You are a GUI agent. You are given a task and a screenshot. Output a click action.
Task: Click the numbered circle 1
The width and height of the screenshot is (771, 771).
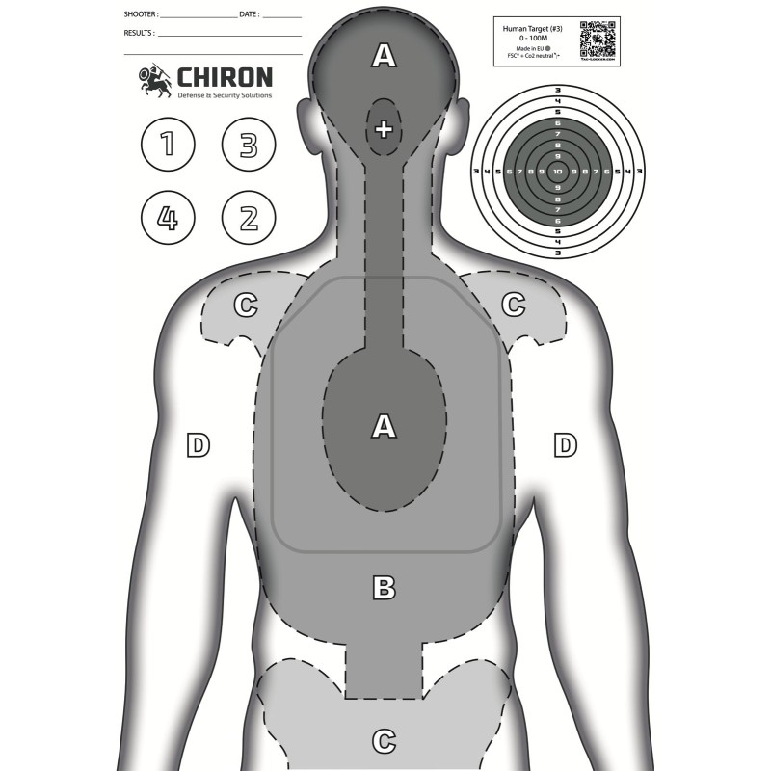168,146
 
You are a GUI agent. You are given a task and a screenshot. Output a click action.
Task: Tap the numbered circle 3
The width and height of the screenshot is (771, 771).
249,146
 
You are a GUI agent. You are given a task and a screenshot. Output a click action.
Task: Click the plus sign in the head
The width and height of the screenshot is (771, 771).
384,128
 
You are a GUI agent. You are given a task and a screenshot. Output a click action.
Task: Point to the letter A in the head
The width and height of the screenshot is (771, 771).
385,57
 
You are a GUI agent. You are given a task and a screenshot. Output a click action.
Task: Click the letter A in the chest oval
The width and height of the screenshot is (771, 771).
385,425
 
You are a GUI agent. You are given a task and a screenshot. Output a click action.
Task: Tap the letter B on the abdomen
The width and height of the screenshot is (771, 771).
385,586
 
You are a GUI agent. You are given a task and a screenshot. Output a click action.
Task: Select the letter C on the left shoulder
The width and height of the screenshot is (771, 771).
247,306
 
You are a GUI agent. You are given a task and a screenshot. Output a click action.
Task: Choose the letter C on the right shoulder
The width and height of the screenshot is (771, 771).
514,305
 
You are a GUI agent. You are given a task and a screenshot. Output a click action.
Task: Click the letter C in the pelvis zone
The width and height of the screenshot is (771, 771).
385,741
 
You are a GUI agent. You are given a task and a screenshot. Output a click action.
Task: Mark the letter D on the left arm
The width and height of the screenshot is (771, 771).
198,444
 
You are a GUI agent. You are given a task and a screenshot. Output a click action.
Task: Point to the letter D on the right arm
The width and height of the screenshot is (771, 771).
565,444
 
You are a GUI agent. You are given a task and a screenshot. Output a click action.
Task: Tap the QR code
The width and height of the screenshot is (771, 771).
598,41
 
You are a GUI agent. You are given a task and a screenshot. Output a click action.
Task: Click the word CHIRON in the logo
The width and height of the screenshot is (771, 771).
223,77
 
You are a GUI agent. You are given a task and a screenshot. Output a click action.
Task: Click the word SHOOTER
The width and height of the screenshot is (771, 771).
141,15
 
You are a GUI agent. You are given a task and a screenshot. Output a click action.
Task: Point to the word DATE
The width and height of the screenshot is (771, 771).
249,15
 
